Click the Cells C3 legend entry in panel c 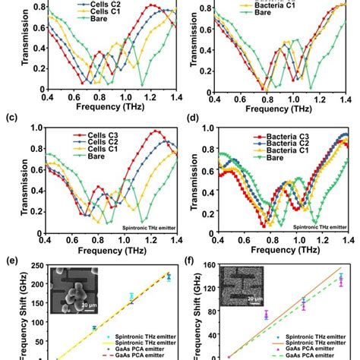[84, 134]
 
